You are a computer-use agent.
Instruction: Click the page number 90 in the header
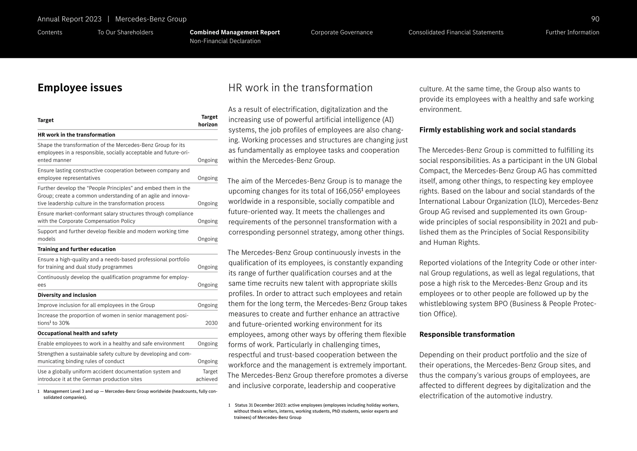tap(595, 19)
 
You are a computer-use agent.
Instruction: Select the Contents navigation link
tap(50, 32)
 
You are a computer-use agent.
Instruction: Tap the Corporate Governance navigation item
tap(342, 32)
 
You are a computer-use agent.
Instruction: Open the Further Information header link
tap(572, 32)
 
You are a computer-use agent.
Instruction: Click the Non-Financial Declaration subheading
tap(225, 41)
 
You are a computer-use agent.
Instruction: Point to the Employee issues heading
tap(80, 88)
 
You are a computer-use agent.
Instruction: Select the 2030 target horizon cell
tap(211, 323)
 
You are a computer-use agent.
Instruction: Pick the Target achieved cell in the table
tap(207, 375)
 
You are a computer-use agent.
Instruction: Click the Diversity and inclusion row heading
tap(67, 295)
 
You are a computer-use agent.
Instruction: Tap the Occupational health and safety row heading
tap(77, 333)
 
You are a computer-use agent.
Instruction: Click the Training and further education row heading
tap(77, 249)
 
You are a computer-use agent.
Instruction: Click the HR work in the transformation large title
tap(300, 88)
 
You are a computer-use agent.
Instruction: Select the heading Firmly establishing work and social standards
tap(497, 130)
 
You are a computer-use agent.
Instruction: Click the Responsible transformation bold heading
tap(467, 335)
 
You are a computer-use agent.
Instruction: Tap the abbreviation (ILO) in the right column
tap(537, 202)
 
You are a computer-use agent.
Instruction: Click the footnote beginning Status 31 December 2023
tap(314, 411)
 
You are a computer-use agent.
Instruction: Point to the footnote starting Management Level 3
tap(128, 394)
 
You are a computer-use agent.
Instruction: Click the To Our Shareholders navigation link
tap(125, 32)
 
